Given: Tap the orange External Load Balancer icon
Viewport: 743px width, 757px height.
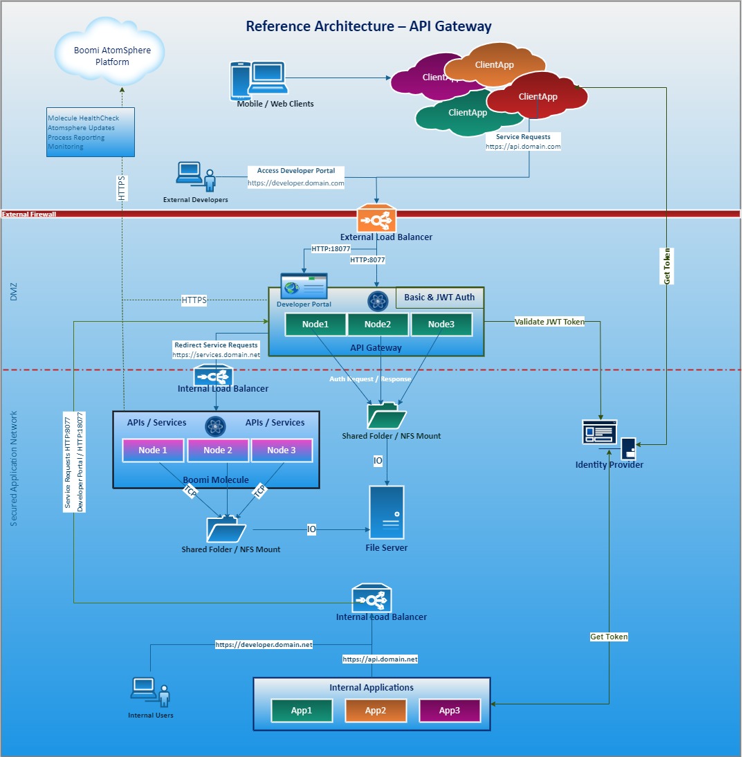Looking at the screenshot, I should click(x=376, y=219).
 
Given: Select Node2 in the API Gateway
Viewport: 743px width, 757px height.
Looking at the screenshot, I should click(x=378, y=325).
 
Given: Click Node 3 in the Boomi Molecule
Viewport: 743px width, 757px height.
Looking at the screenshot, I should click(x=281, y=450).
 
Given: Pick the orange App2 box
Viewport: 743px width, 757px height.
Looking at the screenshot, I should click(x=375, y=710).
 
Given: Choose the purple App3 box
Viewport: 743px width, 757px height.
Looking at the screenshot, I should click(x=449, y=710).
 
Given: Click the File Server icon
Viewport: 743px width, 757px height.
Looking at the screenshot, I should click(x=386, y=512).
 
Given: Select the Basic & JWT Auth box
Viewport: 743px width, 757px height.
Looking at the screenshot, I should click(x=439, y=298).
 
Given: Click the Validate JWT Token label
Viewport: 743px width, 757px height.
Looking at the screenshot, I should click(x=549, y=322).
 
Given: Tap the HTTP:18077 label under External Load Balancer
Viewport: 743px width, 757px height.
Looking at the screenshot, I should click(x=331, y=248).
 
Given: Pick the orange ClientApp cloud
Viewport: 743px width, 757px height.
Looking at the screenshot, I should click(x=494, y=65).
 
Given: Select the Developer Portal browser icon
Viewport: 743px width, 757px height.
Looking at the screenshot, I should click(x=304, y=286).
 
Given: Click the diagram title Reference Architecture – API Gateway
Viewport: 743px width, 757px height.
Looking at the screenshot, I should click(x=369, y=26).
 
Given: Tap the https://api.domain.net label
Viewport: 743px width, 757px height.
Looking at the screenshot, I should click(x=380, y=659).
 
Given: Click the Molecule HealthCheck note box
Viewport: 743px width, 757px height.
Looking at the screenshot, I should click(x=91, y=132).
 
